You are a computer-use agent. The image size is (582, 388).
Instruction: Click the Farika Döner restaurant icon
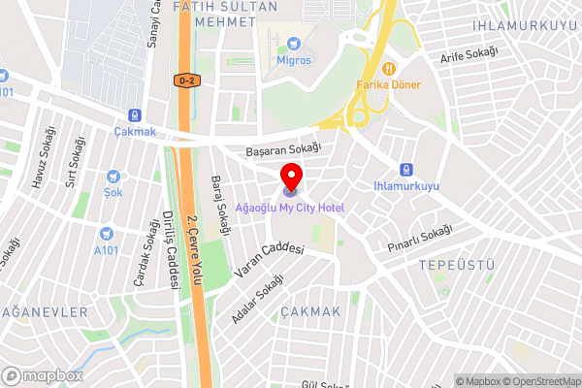(388, 68)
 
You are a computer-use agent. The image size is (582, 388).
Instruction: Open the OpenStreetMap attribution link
(534, 381)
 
